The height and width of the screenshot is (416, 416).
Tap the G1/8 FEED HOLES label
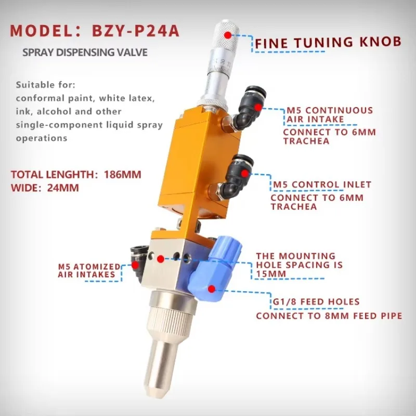click(316, 302)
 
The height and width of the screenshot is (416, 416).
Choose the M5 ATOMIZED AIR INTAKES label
click(89, 270)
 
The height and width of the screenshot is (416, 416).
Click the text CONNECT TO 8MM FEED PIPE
click(329, 316)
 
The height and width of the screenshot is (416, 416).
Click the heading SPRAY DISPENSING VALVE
click(85, 53)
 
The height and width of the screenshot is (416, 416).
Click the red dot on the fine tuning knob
click(227, 35)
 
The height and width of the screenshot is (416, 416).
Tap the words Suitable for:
click(46, 84)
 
